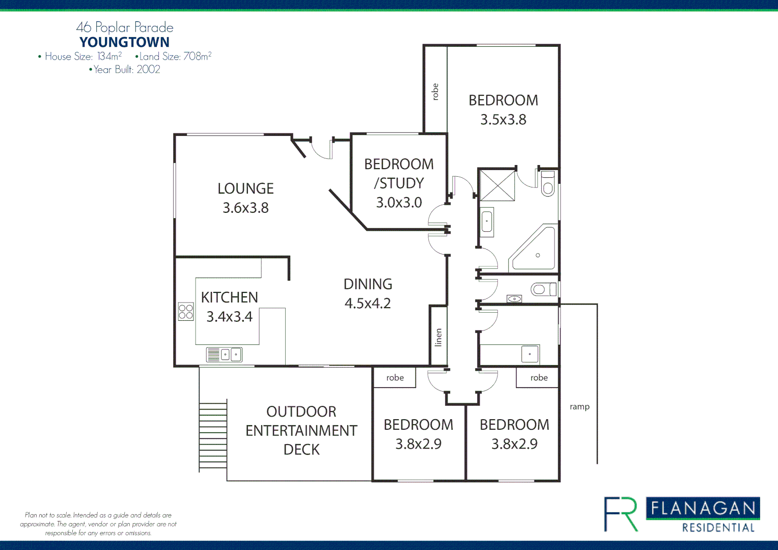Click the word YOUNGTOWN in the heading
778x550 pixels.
[x=124, y=42]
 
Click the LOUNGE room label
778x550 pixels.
[x=245, y=189]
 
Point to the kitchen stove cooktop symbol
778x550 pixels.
[x=186, y=312]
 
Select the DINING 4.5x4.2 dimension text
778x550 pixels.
[x=368, y=304]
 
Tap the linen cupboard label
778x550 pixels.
[x=438, y=337]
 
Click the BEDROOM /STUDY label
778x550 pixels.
[x=399, y=174]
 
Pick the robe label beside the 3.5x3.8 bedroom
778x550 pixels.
[x=435, y=92]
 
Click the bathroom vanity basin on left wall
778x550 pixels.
[x=487, y=222]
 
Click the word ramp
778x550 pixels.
[x=579, y=407]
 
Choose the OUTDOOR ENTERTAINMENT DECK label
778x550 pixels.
[x=301, y=430]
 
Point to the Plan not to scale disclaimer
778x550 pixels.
[x=98, y=524]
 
